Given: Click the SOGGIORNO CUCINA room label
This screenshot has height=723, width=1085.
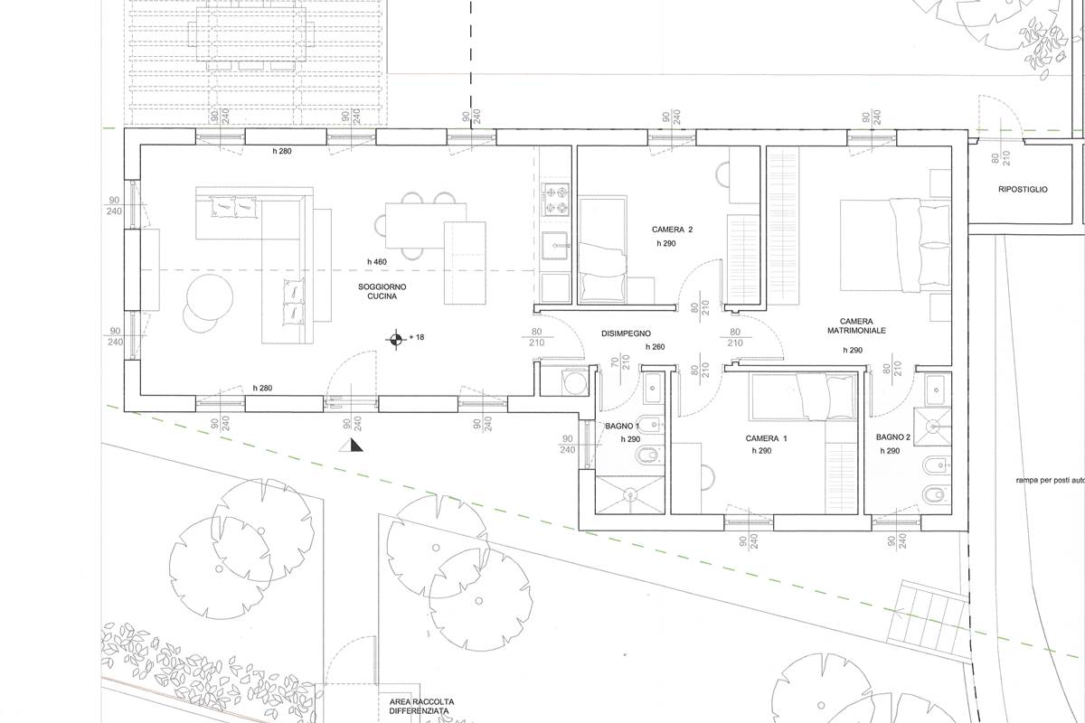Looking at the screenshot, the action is click(x=382, y=292).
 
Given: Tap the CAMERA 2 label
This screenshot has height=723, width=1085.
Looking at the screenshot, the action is click(x=672, y=230).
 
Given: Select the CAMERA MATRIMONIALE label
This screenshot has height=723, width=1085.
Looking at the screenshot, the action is click(x=856, y=326).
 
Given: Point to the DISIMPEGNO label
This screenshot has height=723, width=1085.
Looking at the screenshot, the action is click(x=626, y=333).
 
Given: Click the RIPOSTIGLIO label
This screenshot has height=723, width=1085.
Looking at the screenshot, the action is click(x=1023, y=190).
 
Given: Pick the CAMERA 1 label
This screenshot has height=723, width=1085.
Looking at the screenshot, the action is click(x=767, y=438).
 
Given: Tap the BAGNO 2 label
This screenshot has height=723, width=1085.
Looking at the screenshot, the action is click(x=892, y=437).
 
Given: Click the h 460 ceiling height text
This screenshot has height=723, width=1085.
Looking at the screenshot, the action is click(x=377, y=262).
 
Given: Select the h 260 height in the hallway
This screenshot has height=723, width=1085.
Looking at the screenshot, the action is click(x=655, y=347).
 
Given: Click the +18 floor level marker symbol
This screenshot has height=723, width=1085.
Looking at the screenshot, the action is click(x=396, y=339).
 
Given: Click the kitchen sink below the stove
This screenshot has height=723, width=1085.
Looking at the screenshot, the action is click(x=555, y=247).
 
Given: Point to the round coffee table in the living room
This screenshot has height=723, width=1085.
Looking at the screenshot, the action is click(x=210, y=297).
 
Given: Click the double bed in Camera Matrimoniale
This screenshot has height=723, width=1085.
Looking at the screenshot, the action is click(x=895, y=245).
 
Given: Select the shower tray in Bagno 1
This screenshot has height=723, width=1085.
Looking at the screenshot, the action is click(x=629, y=494).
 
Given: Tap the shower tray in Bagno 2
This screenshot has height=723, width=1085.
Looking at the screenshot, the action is click(x=932, y=426).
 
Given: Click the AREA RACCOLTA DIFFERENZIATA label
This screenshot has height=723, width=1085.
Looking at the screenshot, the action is click(x=421, y=706).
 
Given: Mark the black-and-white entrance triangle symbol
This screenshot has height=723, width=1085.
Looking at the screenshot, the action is click(x=351, y=445).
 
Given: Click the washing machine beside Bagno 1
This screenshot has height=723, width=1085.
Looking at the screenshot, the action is click(x=574, y=382).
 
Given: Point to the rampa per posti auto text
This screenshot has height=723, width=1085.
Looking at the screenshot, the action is click(x=1050, y=481).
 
